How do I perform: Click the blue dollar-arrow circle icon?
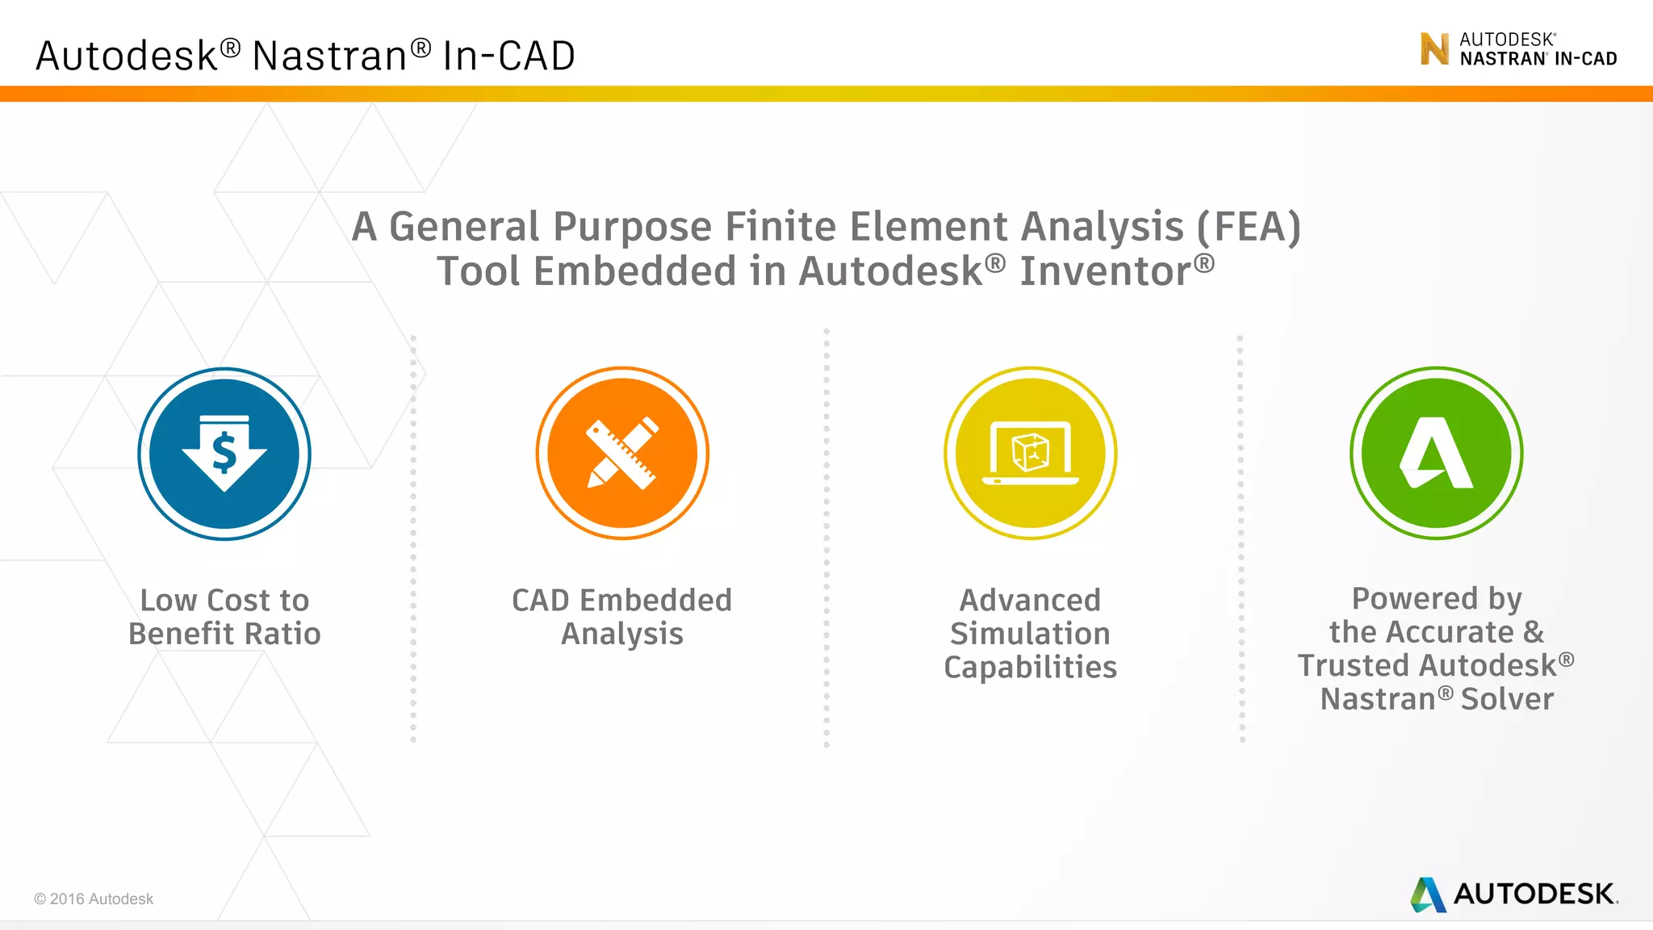224,454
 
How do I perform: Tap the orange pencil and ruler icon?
622,454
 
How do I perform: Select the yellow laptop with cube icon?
1031,454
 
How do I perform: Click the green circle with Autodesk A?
1437,454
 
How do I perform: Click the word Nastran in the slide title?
329,57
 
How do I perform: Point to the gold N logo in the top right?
1434,49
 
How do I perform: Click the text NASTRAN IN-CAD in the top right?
1538,59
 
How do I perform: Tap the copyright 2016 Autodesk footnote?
94,899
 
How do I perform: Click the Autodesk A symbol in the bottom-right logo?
1428,894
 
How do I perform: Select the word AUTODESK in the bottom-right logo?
1534,894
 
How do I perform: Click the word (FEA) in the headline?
1249,227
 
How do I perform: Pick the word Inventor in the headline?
1106,271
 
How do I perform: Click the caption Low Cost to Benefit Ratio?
224,617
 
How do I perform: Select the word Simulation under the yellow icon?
1030,634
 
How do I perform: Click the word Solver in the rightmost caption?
1507,699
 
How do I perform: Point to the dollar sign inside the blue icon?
224,452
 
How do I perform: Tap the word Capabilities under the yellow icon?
1030,668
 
